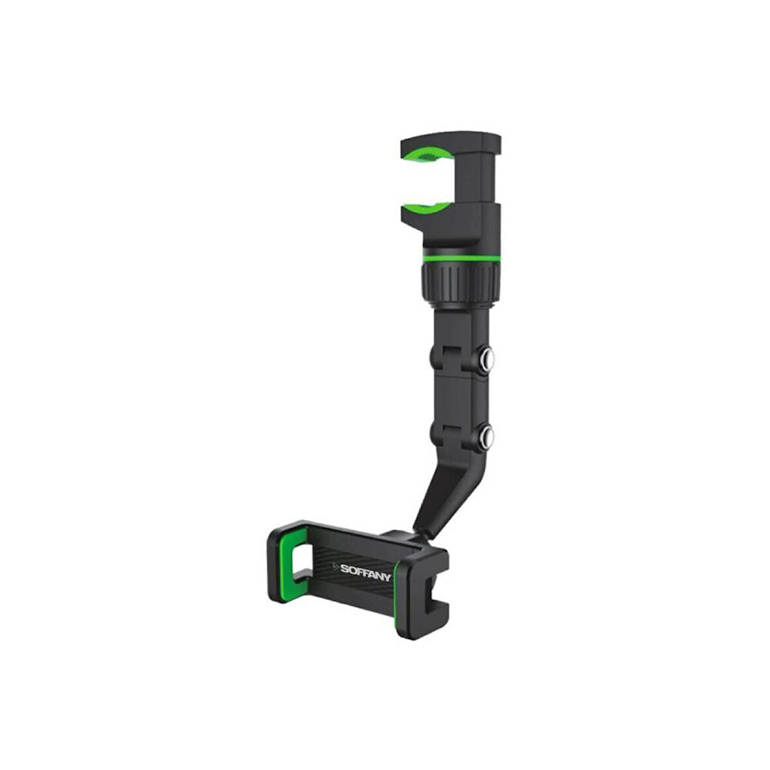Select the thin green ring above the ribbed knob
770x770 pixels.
461,258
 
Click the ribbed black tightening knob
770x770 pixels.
461,283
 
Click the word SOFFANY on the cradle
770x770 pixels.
365,572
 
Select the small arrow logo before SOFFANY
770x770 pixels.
336,566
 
